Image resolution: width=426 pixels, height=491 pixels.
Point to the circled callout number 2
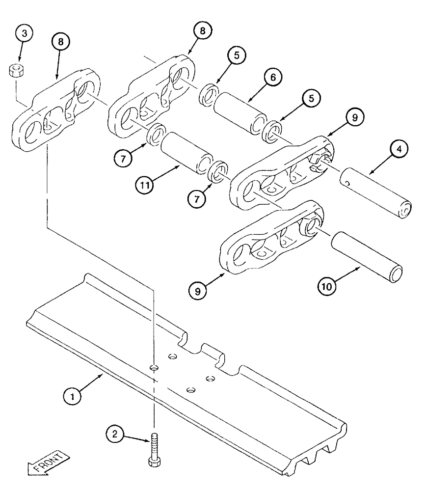[115, 434]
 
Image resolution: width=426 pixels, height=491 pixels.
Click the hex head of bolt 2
[153, 461]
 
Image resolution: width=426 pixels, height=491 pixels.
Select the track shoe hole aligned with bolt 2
[154, 367]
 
